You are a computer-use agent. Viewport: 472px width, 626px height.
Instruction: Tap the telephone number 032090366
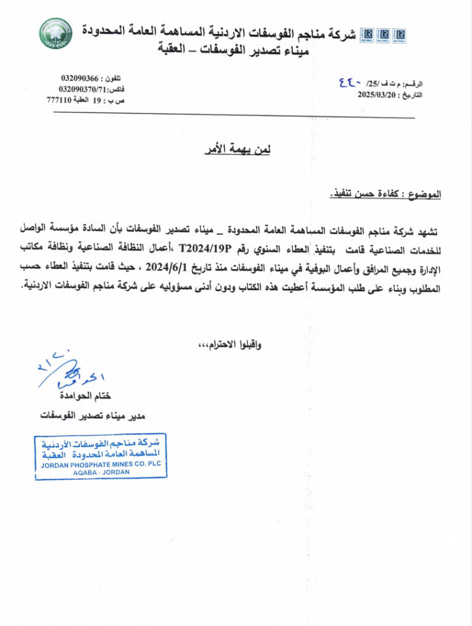[79, 78]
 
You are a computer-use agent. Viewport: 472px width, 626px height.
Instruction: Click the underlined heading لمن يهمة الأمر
[237, 149]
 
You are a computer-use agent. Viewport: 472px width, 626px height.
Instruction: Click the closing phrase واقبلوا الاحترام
[231, 346]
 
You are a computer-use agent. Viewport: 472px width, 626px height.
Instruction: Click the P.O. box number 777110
[60, 100]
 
